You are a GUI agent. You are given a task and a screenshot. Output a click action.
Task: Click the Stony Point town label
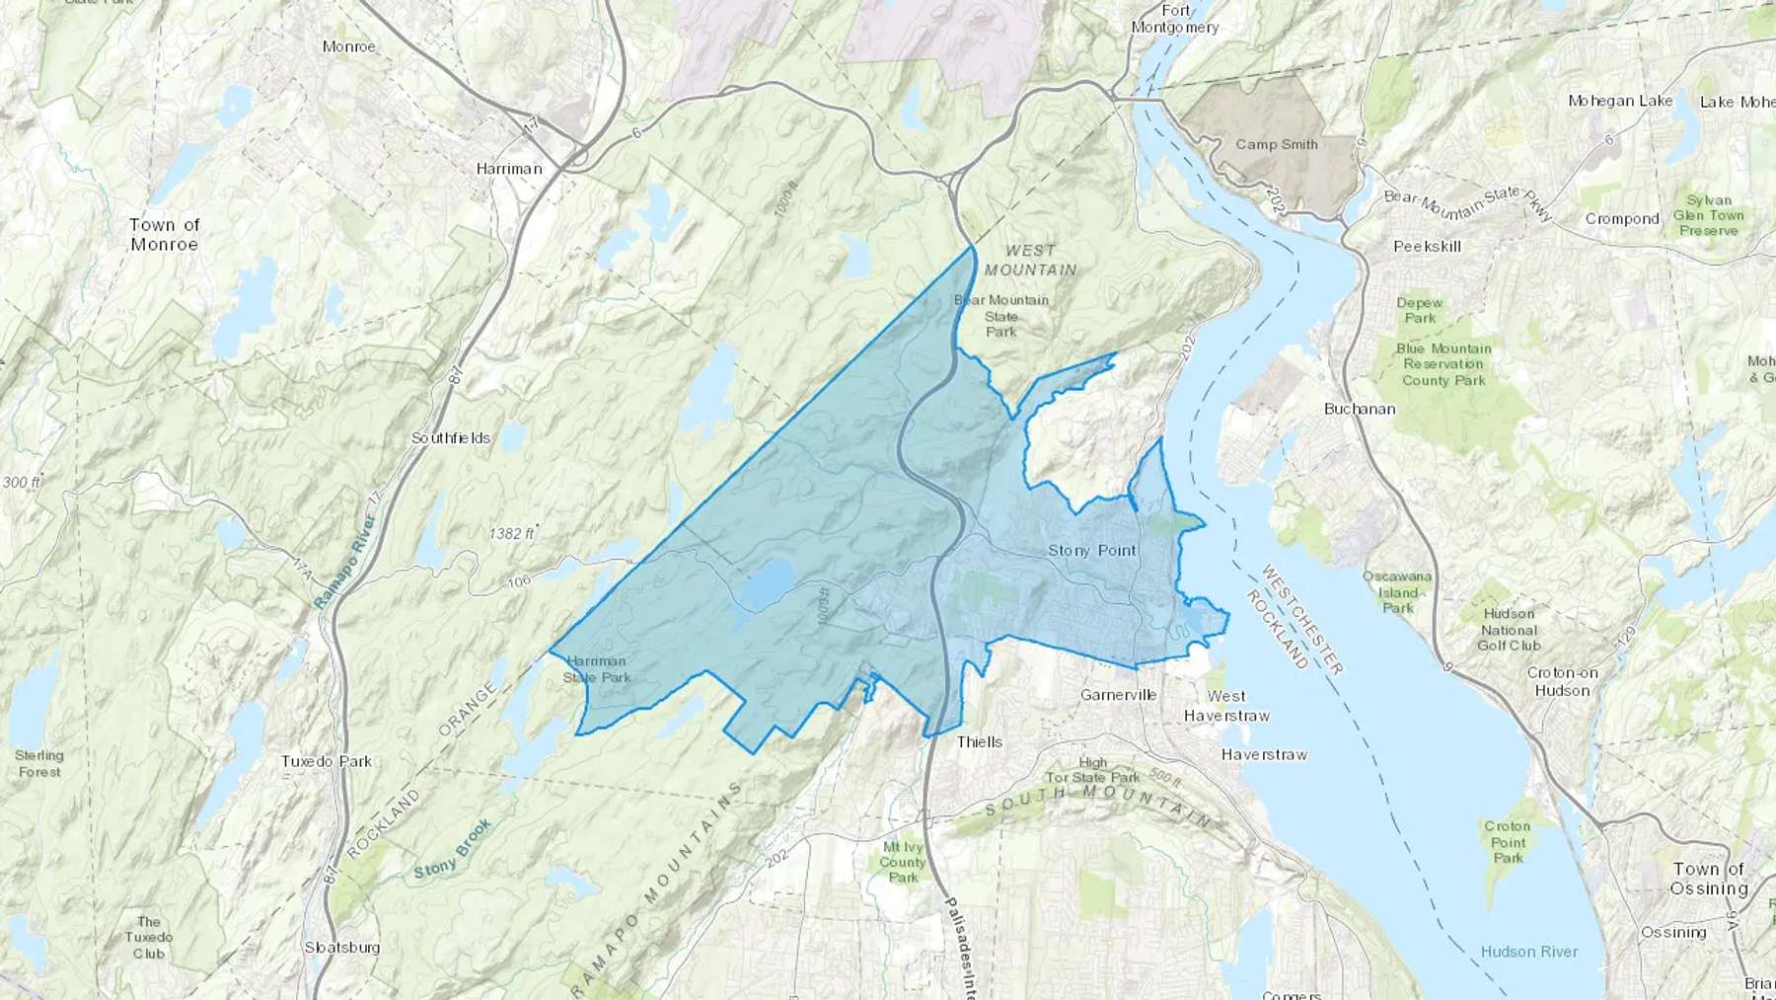tap(1091, 551)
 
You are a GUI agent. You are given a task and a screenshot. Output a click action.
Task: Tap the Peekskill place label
tap(1427, 246)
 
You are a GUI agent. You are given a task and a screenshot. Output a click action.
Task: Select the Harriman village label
tap(509, 169)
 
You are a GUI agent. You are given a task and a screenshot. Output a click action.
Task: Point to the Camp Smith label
tap(1277, 144)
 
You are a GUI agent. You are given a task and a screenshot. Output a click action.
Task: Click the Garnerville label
tap(1118, 695)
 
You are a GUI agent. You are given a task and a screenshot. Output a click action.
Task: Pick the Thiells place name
tap(980, 741)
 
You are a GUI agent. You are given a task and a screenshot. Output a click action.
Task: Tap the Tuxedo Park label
tap(327, 761)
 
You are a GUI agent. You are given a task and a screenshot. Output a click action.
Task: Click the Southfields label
tap(451, 437)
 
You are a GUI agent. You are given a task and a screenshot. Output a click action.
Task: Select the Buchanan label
tap(1360, 409)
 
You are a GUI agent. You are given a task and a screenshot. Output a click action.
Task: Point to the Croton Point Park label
tap(1508, 842)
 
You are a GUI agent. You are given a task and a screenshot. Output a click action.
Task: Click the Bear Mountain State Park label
tap(1001, 316)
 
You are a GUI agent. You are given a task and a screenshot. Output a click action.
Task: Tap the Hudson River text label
tap(1529, 952)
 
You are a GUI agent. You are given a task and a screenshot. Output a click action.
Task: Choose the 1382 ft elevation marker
tap(512, 533)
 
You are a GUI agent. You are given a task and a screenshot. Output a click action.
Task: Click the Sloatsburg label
tap(342, 947)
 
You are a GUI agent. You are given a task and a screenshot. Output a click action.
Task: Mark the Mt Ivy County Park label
tap(903, 862)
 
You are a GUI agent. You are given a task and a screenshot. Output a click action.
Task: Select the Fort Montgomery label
tap(1175, 19)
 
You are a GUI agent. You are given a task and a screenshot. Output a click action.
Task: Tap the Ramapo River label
tap(345, 561)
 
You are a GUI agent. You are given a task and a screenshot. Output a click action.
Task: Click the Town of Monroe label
tap(165, 234)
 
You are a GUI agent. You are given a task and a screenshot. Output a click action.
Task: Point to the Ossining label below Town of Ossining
tap(1673, 932)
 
